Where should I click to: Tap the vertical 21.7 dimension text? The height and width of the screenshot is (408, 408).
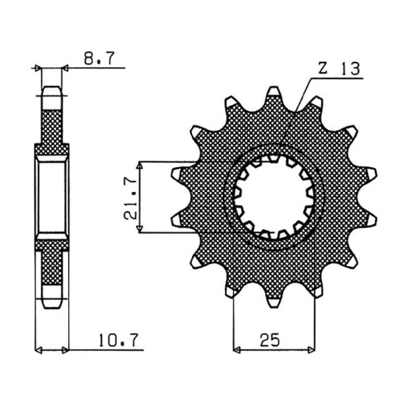coord(130,198)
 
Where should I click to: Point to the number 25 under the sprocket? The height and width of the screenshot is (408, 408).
coord(270,340)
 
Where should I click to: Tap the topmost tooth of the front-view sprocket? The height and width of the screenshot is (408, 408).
coord(274,92)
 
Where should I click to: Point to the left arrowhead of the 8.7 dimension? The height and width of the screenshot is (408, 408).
coord(37,68)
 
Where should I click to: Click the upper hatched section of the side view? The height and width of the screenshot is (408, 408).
coord(52,128)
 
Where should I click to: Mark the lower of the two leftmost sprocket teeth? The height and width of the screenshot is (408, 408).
coord(177,220)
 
